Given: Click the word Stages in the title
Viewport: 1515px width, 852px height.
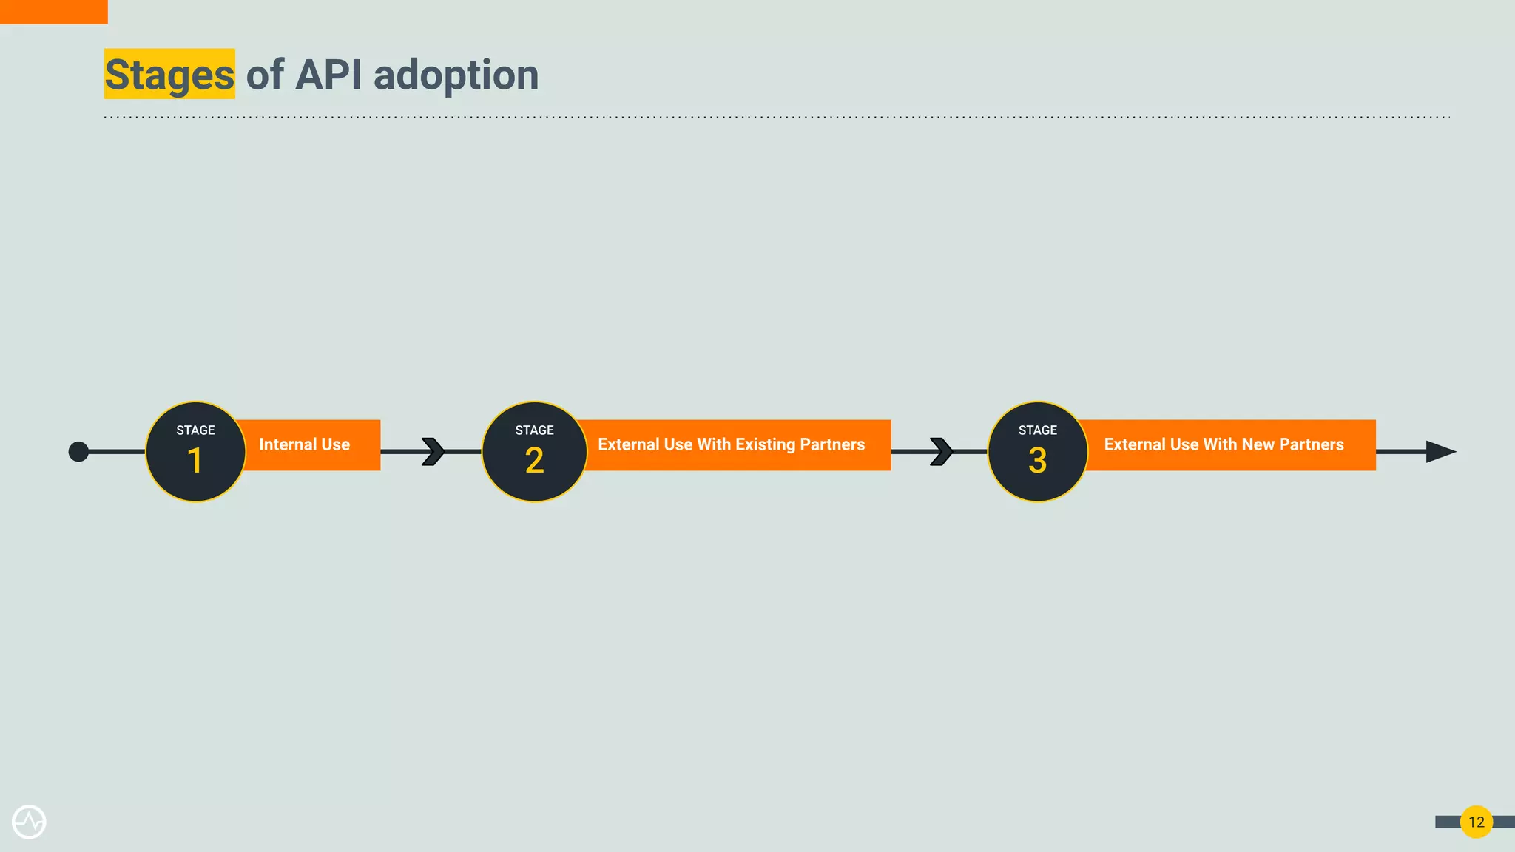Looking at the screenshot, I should click(x=169, y=75).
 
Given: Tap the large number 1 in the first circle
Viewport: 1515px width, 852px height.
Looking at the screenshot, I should click(x=195, y=461).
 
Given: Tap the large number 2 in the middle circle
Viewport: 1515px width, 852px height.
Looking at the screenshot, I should click(x=534, y=461).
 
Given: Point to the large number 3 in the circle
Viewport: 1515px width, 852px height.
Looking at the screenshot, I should click(x=1037, y=461).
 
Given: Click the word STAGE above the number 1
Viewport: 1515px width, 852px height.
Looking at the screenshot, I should click(x=195, y=430).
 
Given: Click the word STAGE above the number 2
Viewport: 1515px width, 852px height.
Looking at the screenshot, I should click(x=534, y=430).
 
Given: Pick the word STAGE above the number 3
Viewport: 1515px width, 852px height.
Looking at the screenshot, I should click(x=1037, y=430).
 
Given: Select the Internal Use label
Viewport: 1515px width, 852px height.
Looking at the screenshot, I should click(x=304, y=444).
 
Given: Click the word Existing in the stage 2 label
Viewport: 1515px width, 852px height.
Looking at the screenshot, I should click(x=765, y=444).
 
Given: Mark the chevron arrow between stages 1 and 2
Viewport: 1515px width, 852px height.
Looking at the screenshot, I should click(x=433, y=451).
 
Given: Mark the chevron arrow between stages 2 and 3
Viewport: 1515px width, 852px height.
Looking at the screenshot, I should click(x=941, y=451).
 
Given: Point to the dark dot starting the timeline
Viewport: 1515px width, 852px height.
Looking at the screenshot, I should click(x=78, y=451).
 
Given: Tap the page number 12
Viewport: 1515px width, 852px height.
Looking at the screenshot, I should click(x=1476, y=822).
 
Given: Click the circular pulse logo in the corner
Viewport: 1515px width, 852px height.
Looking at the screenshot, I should click(x=29, y=822).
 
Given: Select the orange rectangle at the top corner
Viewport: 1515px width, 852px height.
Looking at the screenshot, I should click(x=53, y=12).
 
